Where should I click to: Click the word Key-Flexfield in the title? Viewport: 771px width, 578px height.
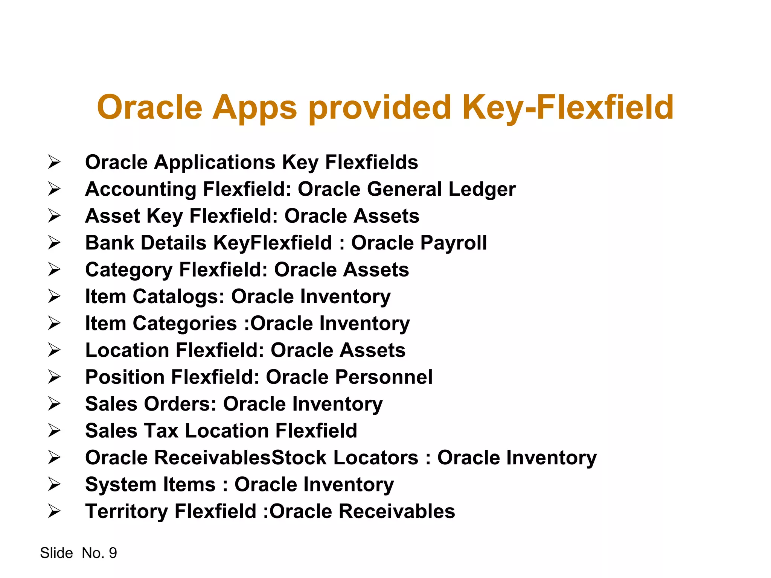[x=567, y=108]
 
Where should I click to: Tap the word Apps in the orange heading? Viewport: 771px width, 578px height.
[x=254, y=108]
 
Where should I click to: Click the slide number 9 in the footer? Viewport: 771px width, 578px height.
[x=113, y=553]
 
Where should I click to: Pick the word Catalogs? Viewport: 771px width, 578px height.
[x=178, y=297]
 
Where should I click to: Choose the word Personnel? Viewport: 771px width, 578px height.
[x=384, y=377]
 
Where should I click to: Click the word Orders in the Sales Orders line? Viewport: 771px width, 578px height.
[x=180, y=404]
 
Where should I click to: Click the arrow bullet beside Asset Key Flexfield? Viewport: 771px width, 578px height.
[x=54, y=216]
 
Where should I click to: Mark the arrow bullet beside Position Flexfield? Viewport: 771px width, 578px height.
[x=54, y=377]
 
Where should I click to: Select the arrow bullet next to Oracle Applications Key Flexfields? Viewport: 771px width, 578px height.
[x=54, y=162]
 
